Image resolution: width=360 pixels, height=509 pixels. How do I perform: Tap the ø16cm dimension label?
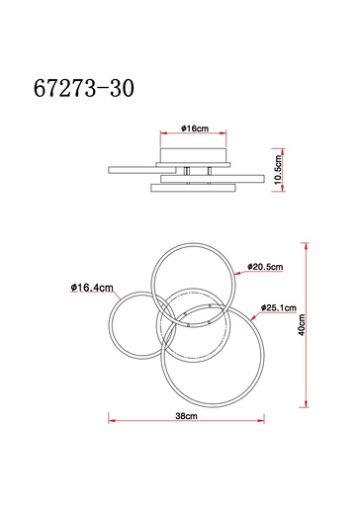193,129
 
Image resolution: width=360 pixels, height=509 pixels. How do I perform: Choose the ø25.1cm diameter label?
280,307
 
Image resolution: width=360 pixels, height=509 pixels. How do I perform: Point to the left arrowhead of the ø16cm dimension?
160,137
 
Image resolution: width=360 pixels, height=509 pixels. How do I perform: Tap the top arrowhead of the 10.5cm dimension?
270,143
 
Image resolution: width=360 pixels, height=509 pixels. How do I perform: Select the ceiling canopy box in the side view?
193,156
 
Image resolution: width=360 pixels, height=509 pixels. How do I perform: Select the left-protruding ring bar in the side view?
129,169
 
